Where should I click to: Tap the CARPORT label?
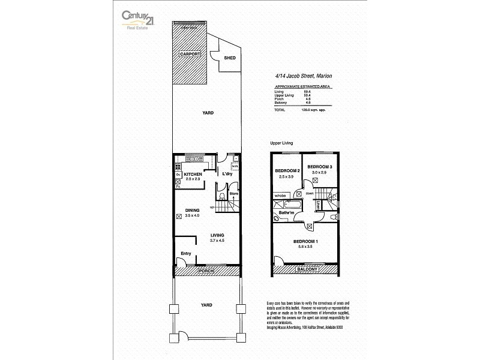coord(190,54)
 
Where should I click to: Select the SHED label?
coord(229,58)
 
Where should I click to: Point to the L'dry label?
coord(227,174)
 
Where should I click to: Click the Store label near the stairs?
coord(233,193)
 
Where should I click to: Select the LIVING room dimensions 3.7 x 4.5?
coord(217,240)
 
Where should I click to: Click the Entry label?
coord(185,253)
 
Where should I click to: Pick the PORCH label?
coord(206,272)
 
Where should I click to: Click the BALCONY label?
coord(306,270)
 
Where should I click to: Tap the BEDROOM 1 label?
coord(305,241)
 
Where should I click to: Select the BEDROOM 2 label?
coord(287,171)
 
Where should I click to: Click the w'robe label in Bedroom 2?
coord(280,196)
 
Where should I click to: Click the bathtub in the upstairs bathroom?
coord(284,204)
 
